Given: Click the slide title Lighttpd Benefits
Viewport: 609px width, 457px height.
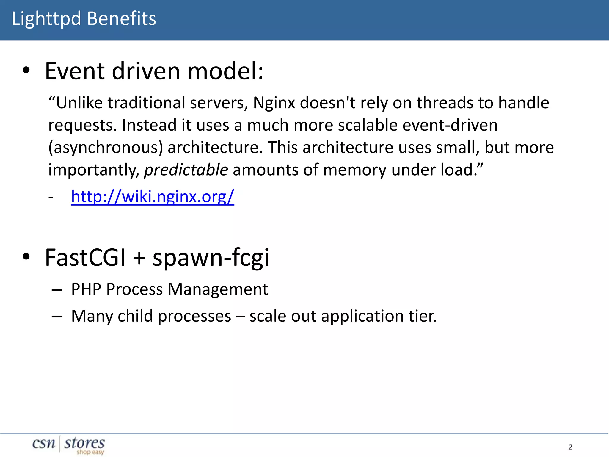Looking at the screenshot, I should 84,18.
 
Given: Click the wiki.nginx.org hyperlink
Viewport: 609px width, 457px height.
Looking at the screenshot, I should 153,197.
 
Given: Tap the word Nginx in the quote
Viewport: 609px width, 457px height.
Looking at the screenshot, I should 274,103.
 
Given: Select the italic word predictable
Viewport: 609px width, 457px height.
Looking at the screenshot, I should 186,170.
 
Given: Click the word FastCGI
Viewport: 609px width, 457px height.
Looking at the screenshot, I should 85,258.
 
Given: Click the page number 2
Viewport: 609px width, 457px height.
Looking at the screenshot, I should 570,447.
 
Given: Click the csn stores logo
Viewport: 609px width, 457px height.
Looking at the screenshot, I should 69,445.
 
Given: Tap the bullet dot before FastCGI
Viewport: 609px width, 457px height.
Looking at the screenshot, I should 26,257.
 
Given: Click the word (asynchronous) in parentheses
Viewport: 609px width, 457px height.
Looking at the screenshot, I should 106,148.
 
